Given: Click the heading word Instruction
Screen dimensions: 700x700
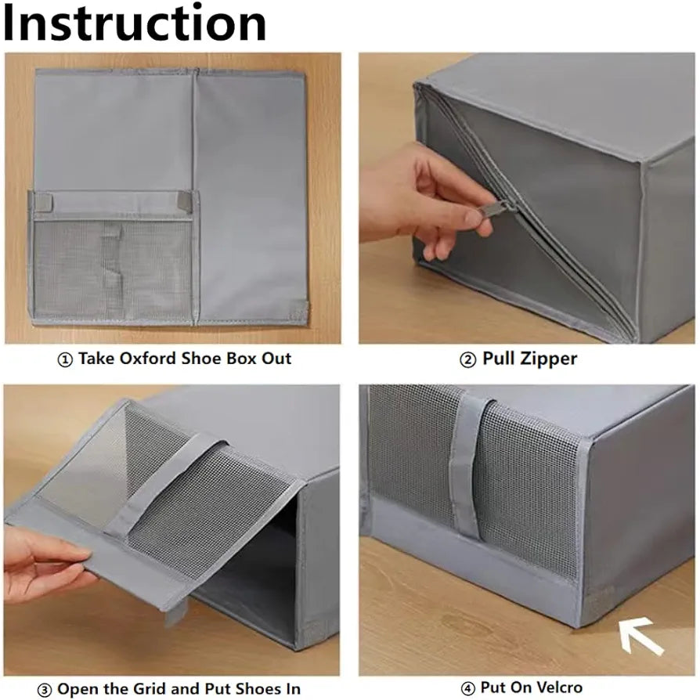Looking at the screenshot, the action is point(135,23).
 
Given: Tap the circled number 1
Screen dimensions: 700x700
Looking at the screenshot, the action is point(65,360).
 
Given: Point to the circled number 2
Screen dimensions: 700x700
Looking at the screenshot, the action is point(468,360).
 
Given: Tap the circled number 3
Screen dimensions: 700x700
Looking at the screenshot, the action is point(44,690).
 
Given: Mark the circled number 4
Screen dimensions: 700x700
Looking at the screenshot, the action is point(468,689).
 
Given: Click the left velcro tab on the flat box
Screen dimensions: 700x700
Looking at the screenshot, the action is point(44,201).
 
